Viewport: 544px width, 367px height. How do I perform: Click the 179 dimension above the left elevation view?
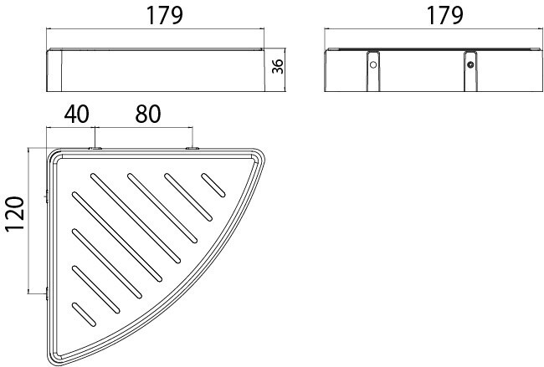(x=164, y=15)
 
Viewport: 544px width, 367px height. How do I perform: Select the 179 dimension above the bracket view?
(x=444, y=15)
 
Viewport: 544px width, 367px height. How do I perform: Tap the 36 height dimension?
(x=278, y=66)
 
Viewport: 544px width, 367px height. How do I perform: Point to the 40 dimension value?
(x=76, y=114)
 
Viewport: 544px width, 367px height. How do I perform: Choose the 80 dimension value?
(x=148, y=114)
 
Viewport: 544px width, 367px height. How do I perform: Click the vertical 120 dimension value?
(x=14, y=213)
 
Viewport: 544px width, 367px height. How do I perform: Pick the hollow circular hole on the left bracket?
(x=373, y=64)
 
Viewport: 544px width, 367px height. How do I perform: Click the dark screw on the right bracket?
(x=470, y=64)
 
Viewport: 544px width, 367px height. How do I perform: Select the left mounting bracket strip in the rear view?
(x=373, y=71)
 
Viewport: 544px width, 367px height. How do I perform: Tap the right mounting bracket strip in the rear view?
(x=470, y=71)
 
